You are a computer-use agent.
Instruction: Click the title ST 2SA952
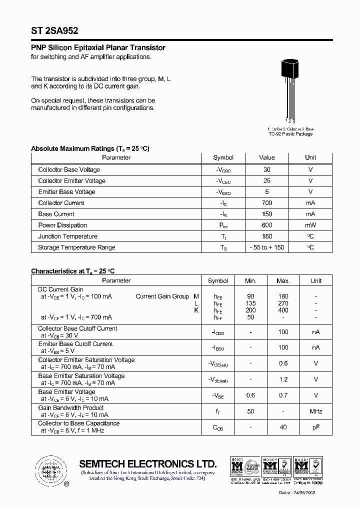[x=54, y=30]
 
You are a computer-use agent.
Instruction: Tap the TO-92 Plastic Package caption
[x=290, y=134]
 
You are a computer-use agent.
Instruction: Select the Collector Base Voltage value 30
[x=267, y=170]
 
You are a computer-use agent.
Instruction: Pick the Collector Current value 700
[x=267, y=203]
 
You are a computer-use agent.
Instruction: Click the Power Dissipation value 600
[x=267, y=225]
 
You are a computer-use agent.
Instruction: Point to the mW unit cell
[x=310, y=225]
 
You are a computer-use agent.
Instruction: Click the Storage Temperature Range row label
[x=76, y=247]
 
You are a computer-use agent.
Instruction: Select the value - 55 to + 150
[x=267, y=247]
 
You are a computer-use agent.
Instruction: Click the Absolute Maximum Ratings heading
[x=90, y=148]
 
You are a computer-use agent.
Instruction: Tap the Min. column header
[x=250, y=281]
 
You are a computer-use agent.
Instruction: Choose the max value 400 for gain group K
[x=283, y=310]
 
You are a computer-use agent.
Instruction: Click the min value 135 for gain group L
[x=250, y=303]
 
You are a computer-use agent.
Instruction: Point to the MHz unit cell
[x=316, y=411]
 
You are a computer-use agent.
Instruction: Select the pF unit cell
[x=316, y=427]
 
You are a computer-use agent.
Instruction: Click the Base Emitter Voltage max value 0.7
[x=283, y=395]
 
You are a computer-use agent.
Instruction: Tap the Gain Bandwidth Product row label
[x=71, y=408]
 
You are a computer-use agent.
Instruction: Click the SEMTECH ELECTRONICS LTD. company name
[x=148, y=463]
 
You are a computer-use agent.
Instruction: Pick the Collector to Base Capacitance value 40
[x=283, y=427]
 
